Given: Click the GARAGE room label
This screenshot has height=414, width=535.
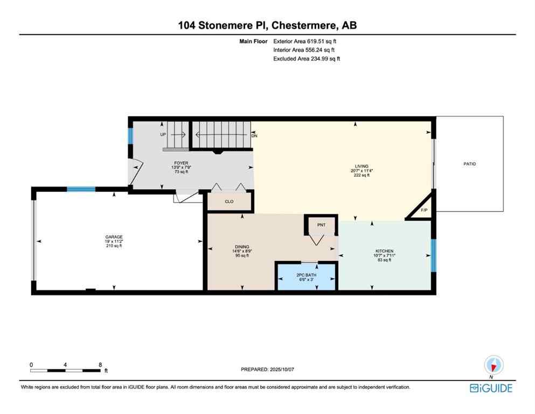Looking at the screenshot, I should point(114,237).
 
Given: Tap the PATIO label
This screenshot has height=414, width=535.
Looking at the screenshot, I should point(469,164).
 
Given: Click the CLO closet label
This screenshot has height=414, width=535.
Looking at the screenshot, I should point(230,202).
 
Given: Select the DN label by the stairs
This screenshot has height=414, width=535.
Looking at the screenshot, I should point(254,136).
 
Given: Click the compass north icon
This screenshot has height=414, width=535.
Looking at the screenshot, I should point(494,364).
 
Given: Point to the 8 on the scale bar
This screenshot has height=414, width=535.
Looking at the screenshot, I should point(100,364).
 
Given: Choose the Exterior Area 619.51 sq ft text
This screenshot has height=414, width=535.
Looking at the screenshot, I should point(307,41).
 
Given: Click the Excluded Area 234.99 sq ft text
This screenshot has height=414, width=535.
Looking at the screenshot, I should point(307,59).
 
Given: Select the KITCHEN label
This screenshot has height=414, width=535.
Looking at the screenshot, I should point(384,251).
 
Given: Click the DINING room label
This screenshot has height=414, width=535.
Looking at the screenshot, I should point(241,247).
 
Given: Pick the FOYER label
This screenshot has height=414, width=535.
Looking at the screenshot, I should point(180,163).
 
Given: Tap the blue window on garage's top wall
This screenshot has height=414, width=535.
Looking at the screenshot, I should point(81,189).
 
